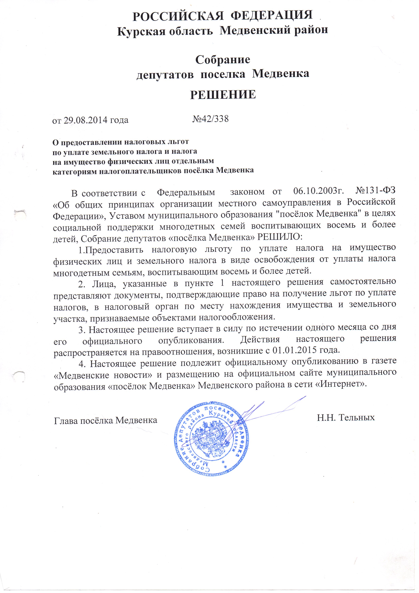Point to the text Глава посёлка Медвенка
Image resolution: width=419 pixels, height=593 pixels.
[x=106, y=420]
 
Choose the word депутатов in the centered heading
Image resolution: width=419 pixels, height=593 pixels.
[x=165, y=74]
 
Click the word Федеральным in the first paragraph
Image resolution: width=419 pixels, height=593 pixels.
[x=186, y=192]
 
